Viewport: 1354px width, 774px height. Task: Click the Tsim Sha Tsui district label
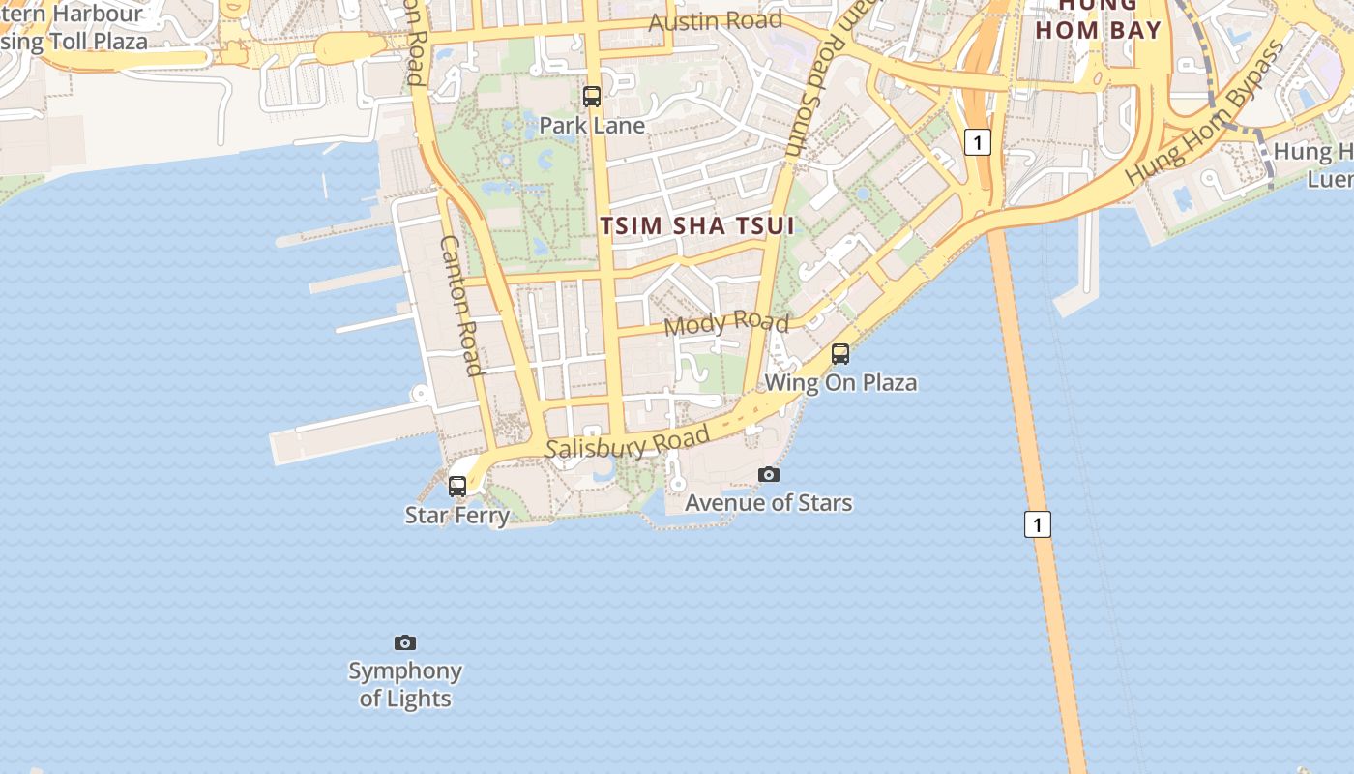[697, 225]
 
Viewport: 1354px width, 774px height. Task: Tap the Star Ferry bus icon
[457, 487]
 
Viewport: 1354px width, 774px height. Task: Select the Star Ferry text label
[456, 515]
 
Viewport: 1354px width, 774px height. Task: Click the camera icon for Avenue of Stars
[769, 474]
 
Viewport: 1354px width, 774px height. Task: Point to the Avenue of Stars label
[769, 502]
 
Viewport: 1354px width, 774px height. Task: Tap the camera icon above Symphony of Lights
[405, 642]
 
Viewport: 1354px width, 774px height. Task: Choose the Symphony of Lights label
[405, 684]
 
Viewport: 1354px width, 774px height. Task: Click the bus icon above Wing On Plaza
[840, 354]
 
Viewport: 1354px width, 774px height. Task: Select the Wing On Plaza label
[840, 382]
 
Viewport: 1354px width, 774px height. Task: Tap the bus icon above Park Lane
[592, 97]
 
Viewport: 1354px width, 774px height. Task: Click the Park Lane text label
[592, 125]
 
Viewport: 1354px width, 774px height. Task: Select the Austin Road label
[715, 20]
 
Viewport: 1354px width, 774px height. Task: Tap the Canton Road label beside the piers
[461, 305]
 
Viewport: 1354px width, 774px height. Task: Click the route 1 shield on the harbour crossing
[1037, 524]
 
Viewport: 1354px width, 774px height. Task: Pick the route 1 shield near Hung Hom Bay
[978, 143]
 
